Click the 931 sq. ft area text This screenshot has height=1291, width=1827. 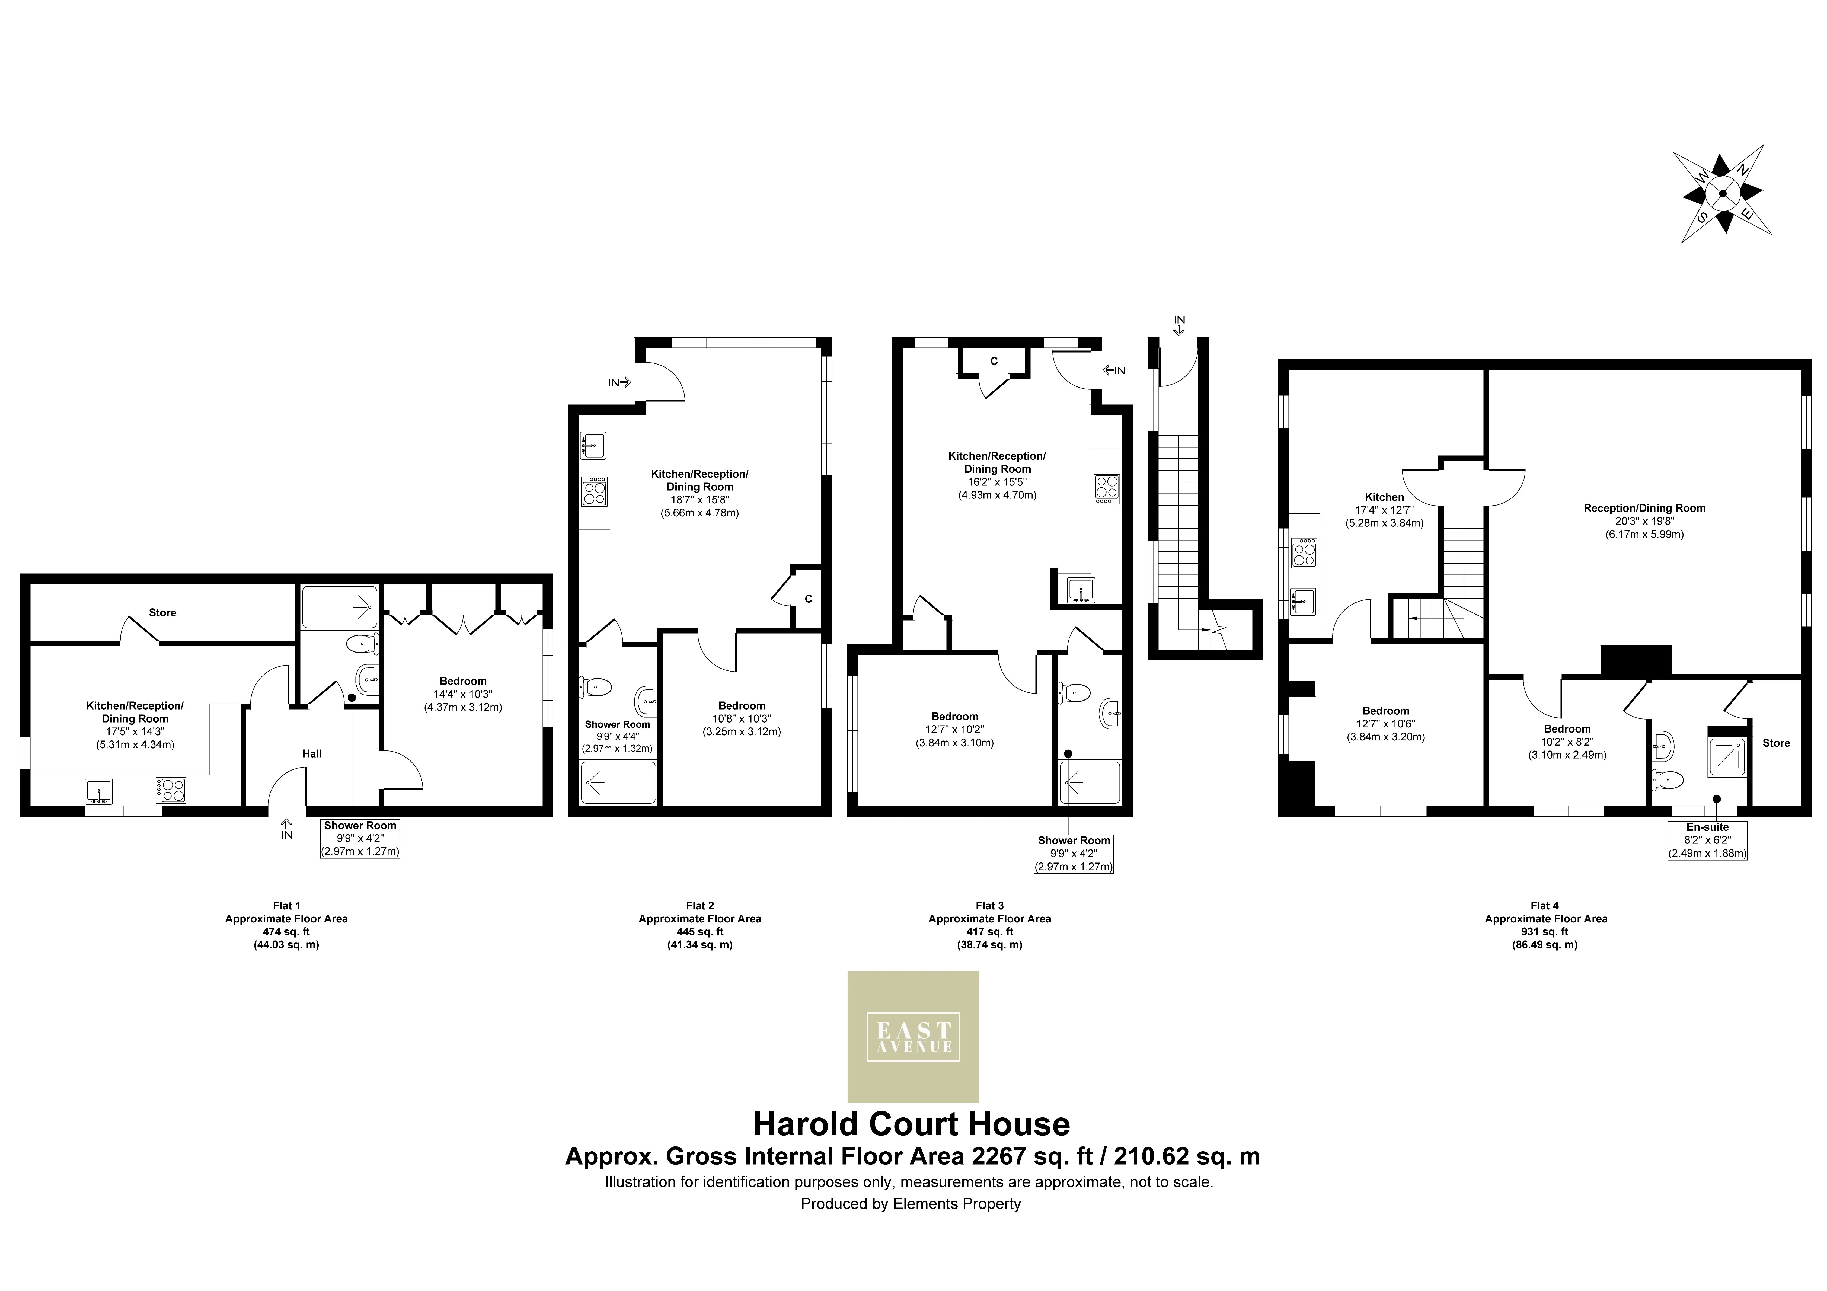(x=1545, y=931)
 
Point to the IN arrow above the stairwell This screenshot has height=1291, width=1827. (x=1179, y=325)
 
